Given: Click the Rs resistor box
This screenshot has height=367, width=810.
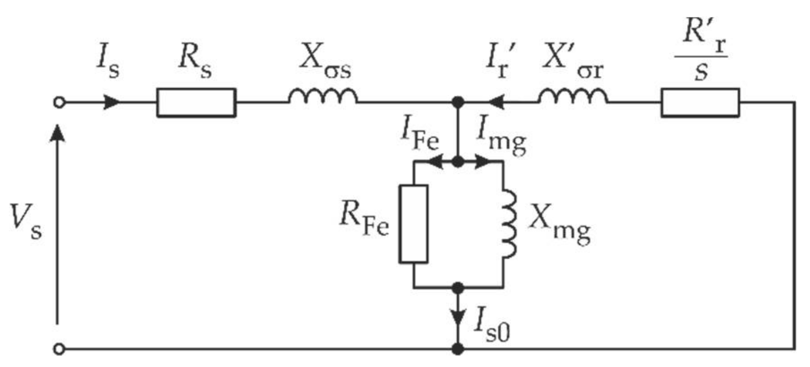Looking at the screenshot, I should pyautogui.click(x=196, y=102).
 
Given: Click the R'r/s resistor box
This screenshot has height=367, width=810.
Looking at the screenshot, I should pyautogui.click(x=700, y=102).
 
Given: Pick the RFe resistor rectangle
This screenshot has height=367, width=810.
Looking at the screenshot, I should pyautogui.click(x=413, y=223).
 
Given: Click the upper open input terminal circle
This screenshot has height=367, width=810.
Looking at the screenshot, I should pyautogui.click(x=59, y=102).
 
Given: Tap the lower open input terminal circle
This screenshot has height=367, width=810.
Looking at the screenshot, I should pyautogui.click(x=59, y=349).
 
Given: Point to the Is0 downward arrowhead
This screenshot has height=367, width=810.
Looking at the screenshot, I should pyautogui.click(x=457, y=318).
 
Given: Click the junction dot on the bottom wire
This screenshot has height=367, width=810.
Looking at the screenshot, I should pyautogui.click(x=457, y=349).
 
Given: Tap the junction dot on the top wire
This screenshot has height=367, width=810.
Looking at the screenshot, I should pyautogui.click(x=457, y=102).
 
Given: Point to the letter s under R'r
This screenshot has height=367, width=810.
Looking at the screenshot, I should pyautogui.click(x=701, y=72).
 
